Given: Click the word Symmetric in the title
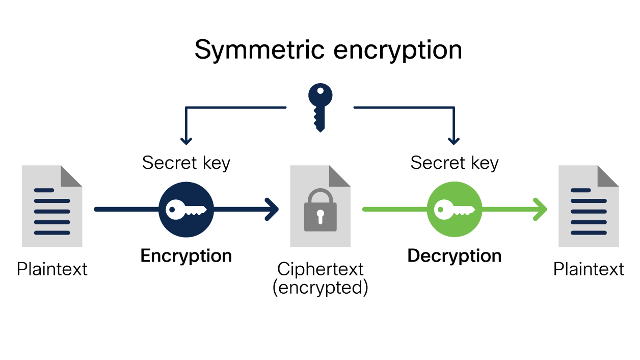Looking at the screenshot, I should click(259, 50).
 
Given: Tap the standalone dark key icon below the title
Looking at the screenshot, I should click(320, 108).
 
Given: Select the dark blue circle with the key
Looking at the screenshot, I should click(186, 210).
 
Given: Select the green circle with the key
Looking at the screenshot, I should click(454, 210).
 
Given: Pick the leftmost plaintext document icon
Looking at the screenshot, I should click(52, 206).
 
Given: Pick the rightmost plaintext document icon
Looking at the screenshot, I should click(589, 206).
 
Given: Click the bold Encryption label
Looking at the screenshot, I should click(186, 255).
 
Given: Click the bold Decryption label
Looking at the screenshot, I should click(454, 255).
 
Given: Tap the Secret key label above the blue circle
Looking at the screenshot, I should click(186, 163).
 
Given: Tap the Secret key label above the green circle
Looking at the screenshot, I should click(454, 163).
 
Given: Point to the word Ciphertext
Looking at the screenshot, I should click(320, 269).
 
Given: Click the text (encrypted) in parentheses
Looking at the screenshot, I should click(320, 288).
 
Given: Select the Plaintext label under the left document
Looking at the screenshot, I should click(52, 269).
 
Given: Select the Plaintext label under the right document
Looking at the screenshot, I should click(589, 269).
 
